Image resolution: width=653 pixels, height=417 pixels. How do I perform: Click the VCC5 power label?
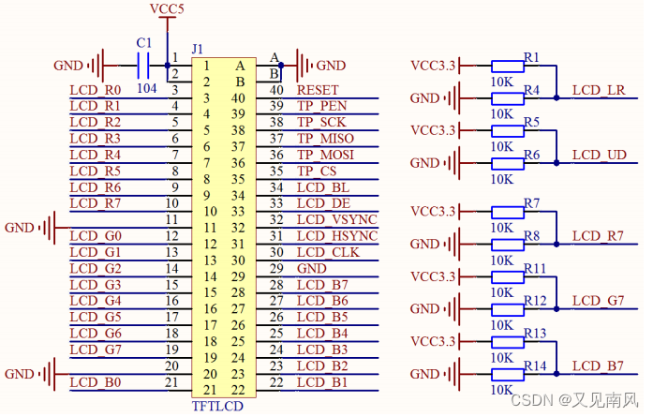pos(167,8)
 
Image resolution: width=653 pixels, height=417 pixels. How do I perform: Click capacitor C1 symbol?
pos(143,66)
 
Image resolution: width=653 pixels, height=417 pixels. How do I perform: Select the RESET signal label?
pos(317,90)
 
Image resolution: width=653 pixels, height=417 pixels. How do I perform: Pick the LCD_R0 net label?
pos(96,90)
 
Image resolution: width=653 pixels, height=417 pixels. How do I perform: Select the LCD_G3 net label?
pos(96,284)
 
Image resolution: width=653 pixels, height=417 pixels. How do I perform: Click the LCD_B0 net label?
pos(96,381)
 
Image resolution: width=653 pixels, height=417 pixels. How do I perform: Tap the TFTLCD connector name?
pos(217,407)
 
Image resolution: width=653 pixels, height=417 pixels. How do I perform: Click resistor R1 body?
pos(507,66)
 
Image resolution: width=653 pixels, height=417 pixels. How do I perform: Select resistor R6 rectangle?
pos(507,163)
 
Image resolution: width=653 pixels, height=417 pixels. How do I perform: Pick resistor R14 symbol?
pos(507,374)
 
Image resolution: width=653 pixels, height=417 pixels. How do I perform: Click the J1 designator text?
pos(197,48)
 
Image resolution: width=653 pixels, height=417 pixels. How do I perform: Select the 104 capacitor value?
pos(146,86)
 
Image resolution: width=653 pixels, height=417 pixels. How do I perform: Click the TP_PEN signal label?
pos(321,106)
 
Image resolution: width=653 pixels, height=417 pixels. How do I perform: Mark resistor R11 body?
pos(507,276)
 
